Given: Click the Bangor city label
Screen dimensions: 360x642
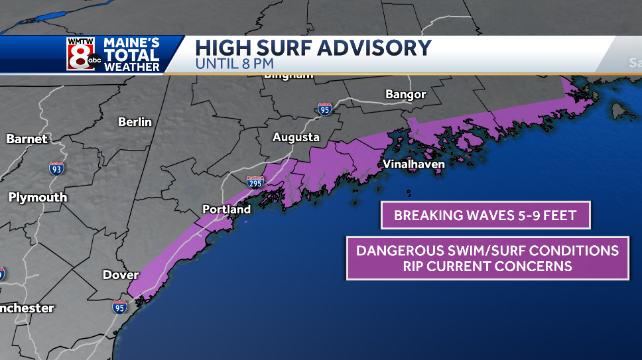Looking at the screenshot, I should [x=405, y=95].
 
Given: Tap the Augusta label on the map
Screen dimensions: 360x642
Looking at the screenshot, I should [x=296, y=137].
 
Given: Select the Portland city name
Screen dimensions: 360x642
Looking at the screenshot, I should [x=226, y=210].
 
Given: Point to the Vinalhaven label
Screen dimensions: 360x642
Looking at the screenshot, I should [x=413, y=164].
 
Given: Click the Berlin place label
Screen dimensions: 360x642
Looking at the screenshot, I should [x=135, y=122].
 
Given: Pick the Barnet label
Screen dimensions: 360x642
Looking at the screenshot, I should [x=27, y=139].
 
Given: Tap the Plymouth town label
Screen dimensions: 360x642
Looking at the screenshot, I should [x=38, y=197].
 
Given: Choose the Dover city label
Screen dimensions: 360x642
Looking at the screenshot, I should [x=121, y=274].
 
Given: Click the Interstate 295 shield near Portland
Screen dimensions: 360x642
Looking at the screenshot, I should [x=255, y=182].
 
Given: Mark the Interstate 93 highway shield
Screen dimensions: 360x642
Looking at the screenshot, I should [x=57, y=168].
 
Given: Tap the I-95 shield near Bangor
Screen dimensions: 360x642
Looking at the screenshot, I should [x=324, y=109].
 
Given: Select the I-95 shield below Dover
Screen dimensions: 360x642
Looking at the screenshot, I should [x=119, y=306].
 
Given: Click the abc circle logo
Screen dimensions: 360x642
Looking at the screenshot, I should [x=94, y=61].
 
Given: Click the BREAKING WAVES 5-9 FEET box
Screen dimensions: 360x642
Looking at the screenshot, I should [x=485, y=215].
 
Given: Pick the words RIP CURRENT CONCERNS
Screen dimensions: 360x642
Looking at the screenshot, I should [x=487, y=267].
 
